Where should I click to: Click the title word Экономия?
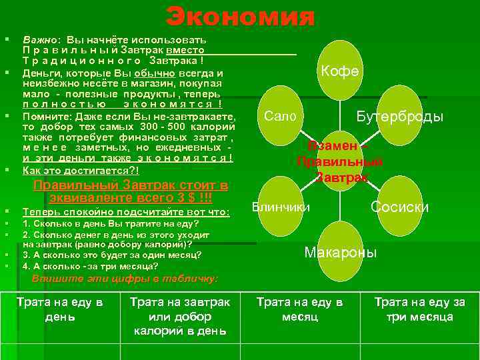(x=239, y=16)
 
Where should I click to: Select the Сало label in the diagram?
(x=280, y=116)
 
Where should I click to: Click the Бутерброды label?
(x=399, y=117)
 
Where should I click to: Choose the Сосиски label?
(x=399, y=207)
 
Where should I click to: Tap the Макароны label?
(x=340, y=253)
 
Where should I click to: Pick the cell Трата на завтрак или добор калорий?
(x=179, y=315)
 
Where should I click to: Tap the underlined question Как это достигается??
(x=81, y=171)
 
